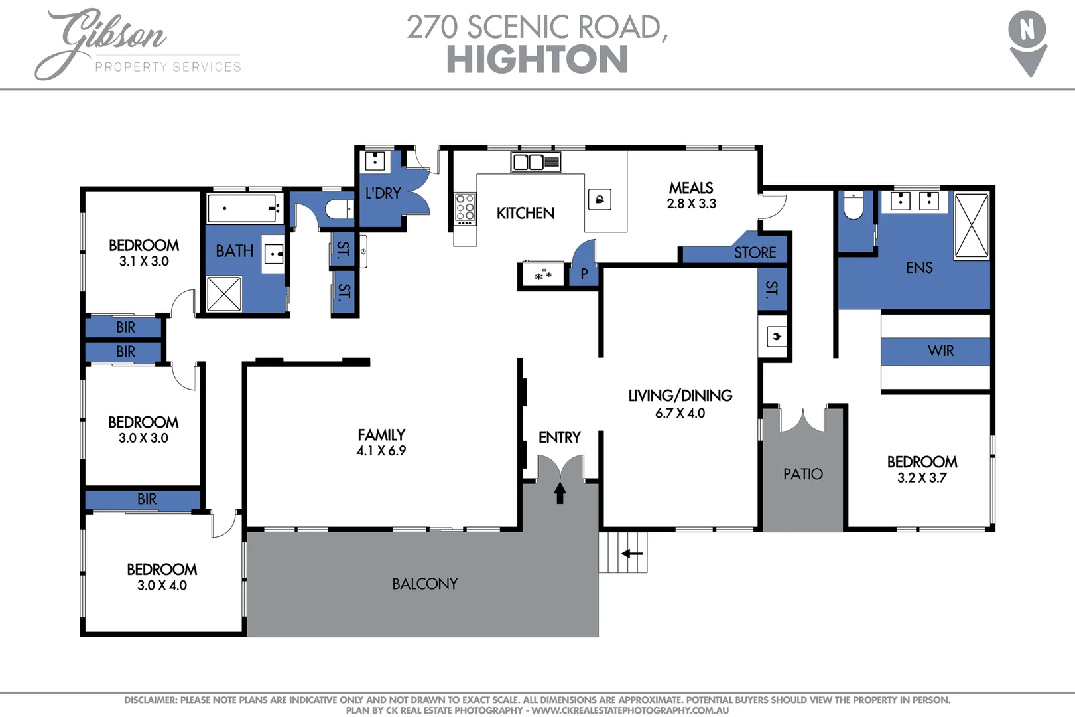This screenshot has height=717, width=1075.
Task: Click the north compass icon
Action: coord(1027,41)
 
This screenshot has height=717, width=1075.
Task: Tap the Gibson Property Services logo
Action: coord(136,44)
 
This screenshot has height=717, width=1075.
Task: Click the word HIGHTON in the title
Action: coord(537,60)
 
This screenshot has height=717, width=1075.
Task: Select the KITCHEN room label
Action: coord(525,213)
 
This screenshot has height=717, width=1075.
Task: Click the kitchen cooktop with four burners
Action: coord(465,207)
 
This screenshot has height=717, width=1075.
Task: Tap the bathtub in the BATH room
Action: coord(242,208)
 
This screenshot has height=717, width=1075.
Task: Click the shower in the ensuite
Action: coord(972,226)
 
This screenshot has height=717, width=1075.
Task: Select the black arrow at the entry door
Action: coord(560,493)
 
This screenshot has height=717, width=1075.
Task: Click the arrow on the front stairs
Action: coord(632,553)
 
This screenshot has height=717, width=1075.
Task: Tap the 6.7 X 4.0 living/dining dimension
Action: coord(680,413)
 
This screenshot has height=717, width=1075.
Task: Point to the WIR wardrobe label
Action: coord(940,351)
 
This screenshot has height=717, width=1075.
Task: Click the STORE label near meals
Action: coord(755,252)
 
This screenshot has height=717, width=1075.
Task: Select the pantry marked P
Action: coord(584,274)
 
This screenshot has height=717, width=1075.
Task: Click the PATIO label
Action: coord(802,474)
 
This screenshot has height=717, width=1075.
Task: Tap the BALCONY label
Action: coord(424,584)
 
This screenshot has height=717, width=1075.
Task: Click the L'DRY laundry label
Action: coord(383,193)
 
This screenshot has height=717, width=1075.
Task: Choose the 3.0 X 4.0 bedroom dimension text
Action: coord(162,586)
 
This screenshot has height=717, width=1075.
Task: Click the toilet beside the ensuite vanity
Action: coord(853,206)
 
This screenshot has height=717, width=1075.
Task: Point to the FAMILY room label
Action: coord(381,435)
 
